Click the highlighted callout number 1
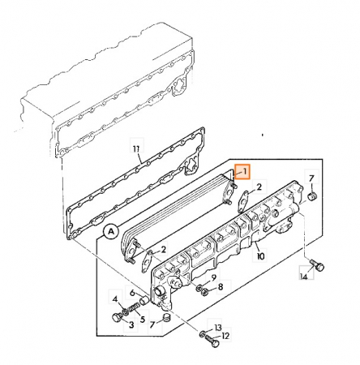click(245, 171)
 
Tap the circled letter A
click(110, 232)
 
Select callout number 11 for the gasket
click(136, 148)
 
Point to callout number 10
click(260, 255)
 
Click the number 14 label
click(304, 277)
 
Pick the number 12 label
click(225, 336)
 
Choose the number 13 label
click(218, 328)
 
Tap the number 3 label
click(131, 324)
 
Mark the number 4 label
click(115, 299)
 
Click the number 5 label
click(143, 320)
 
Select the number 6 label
click(132, 293)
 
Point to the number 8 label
click(221, 286)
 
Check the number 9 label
click(214, 277)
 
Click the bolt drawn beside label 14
click(317, 265)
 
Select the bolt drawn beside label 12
click(212, 341)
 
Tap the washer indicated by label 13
click(202, 334)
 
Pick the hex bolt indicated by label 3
click(117, 317)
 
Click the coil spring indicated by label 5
click(134, 308)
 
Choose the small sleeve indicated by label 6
click(144, 299)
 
